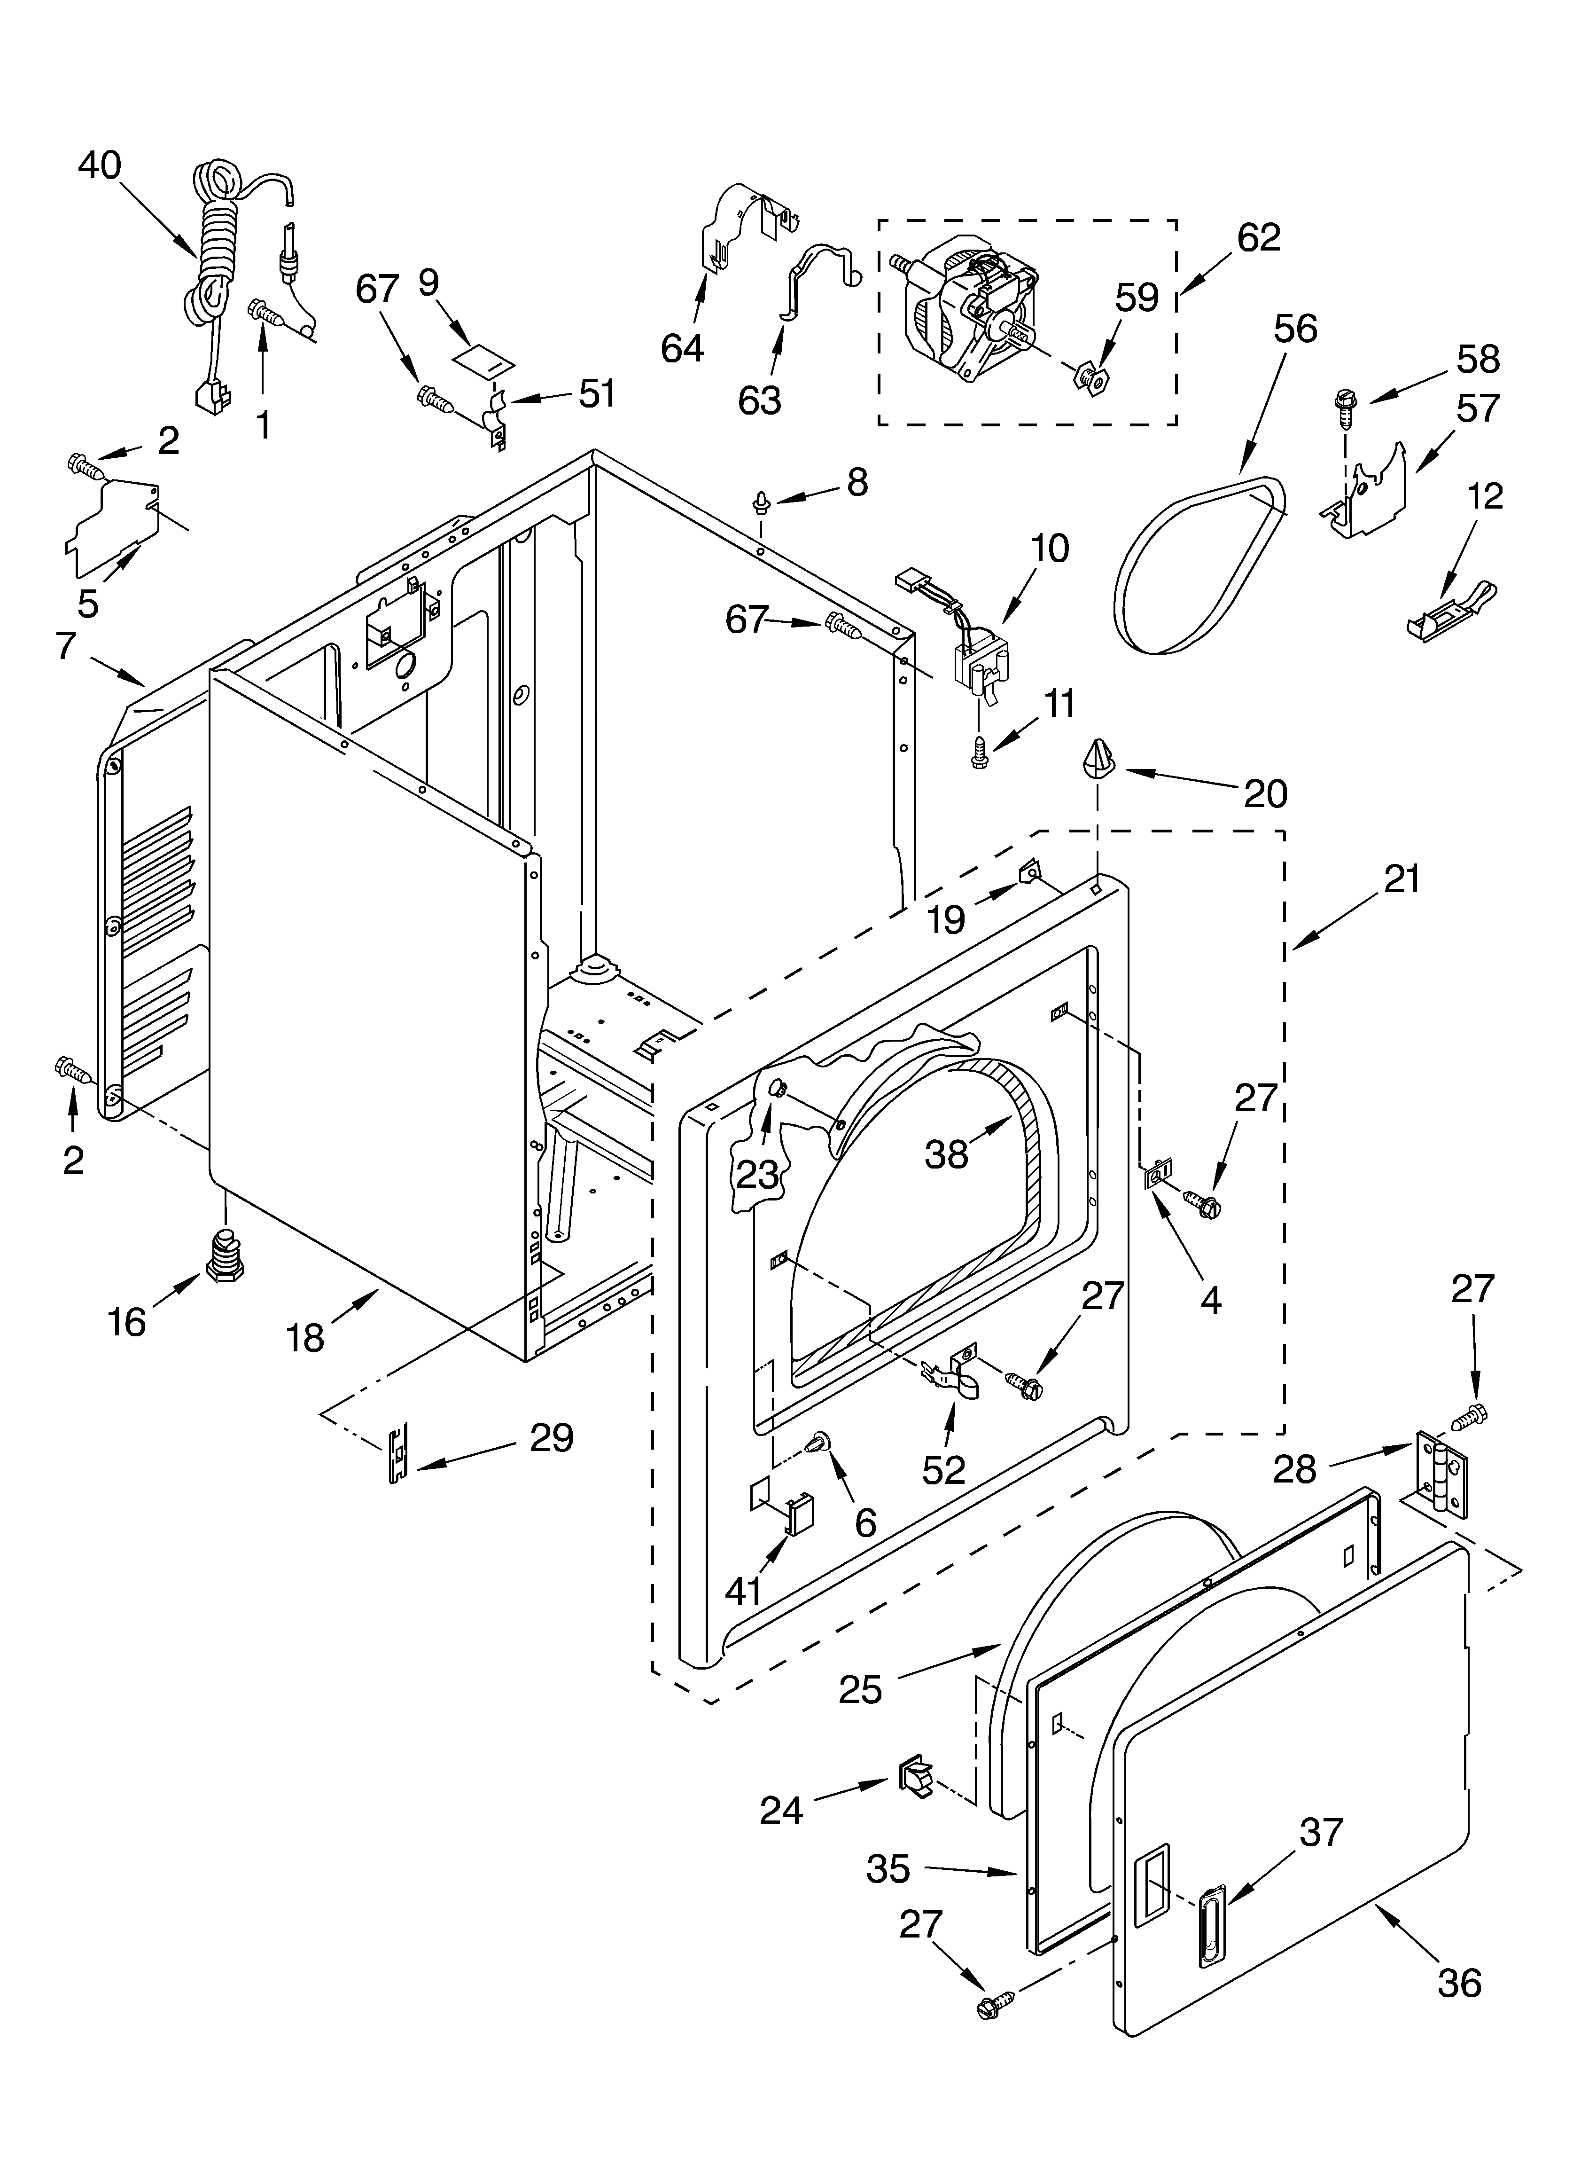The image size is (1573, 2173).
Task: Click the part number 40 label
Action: pos(100,166)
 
